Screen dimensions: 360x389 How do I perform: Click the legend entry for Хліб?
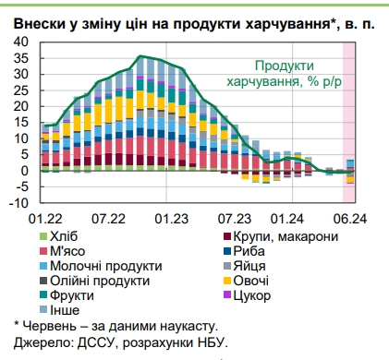(x=66, y=237)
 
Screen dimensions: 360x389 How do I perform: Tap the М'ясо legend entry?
(x=69, y=252)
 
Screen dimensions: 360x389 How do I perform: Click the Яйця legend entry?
(x=251, y=267)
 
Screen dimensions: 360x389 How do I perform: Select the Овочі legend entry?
(x=252, y=282)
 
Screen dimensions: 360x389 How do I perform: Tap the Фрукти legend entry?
(x=71, y=296)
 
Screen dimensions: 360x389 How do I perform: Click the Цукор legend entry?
(x=253, y=296)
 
